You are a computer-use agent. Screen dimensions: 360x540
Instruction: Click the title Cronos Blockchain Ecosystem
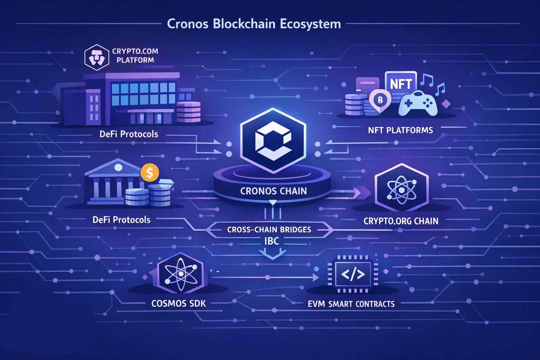click(x=254, y=24)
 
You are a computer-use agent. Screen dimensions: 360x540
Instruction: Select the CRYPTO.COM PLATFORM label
click(x=135, y=55)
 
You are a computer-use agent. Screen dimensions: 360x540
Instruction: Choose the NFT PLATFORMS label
click(x=400, y=130)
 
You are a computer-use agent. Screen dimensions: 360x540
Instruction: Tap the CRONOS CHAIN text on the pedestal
click(x=273, y=191)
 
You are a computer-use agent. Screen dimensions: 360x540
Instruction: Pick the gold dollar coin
click(x=149, y=173)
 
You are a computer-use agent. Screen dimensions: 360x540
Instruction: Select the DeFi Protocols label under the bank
click(x=121, y=220)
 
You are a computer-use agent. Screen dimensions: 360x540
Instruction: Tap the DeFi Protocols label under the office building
click(x=129, y=134)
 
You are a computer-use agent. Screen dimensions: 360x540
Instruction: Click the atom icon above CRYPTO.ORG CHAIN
click(x=401, y=189)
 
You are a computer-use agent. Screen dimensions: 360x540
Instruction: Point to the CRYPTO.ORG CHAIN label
click(x=401, y=221)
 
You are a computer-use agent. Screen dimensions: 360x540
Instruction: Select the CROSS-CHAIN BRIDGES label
click(x=269, y=230)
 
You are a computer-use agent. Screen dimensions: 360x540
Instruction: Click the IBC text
click(x=269, y=241)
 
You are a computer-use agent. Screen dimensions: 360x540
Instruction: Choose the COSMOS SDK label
click(x=178, y=303)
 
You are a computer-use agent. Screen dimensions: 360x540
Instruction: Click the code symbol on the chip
click(x=351, y=274)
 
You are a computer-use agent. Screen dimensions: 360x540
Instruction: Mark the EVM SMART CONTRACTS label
click(x=351, y=304)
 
